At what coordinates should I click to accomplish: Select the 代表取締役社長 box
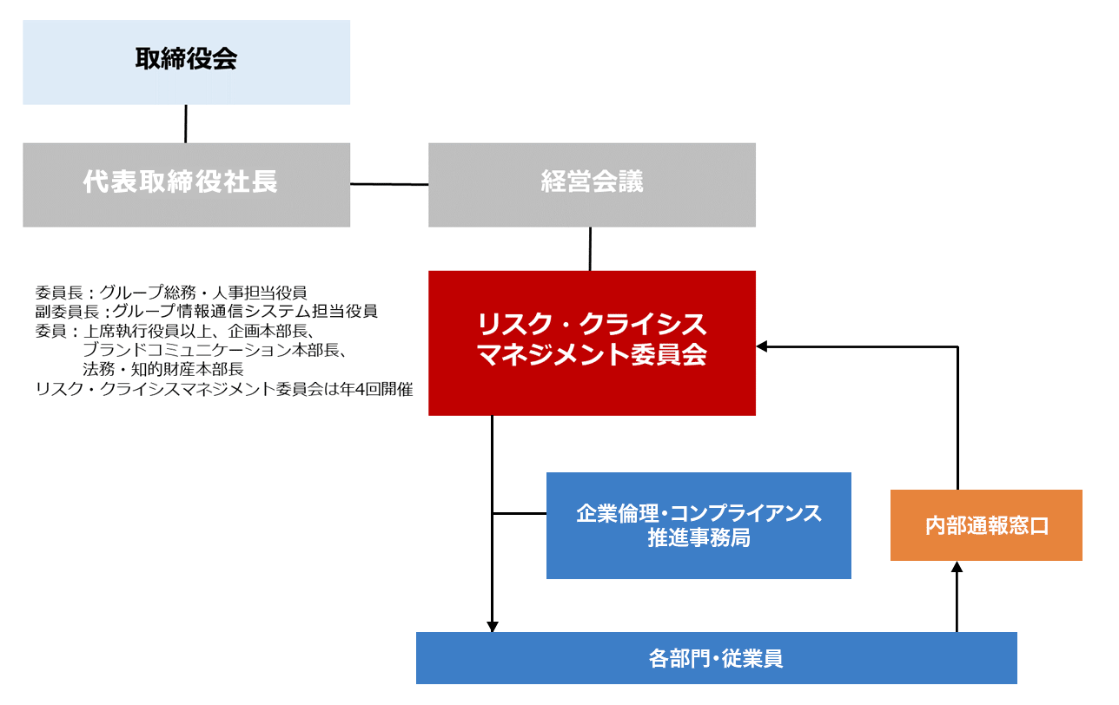point(186,185)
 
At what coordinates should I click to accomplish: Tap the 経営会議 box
point(592,185)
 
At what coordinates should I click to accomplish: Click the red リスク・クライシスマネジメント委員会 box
point(592,343)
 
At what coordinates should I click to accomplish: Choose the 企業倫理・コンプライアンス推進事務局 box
point(699,525)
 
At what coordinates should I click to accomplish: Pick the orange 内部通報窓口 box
point(986,525)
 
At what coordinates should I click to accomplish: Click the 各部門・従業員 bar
point(716,658)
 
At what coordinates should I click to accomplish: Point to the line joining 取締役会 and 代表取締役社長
point(186,123)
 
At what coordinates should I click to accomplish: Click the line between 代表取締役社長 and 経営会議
point(389,184)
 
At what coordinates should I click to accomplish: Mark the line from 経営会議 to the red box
point(591,249)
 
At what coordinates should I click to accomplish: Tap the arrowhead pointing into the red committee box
point(762,346)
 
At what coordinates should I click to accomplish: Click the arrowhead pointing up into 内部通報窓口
point(957,567)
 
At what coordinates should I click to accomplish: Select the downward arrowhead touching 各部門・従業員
point(493,626)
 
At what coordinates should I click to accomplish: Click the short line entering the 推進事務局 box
point(520,514)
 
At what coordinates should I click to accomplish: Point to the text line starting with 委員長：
point(171,293)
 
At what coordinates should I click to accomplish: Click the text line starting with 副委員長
point(207,312)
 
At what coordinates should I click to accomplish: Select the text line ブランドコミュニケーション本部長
point(215,350)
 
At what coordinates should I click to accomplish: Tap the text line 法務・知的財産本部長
point(162,369)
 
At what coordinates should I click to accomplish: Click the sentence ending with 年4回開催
point(223,389)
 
